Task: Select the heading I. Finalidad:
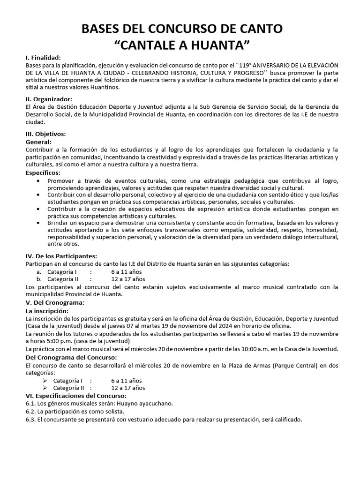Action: pyautogui.click(x=43, y=57)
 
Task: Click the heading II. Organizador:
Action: pyautogui.click(x=49, y=99)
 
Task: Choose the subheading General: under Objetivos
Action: pyautogui.click(x=38, y=142)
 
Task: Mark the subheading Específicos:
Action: pyautogui.click(x=43, y=173)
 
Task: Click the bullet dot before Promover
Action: pyautogui.click(x=38, y=181)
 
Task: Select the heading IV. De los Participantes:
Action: pyautogui.click(x=61, y=256)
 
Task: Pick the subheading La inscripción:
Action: pyautogui.click(x=46, y=310)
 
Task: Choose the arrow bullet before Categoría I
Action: pyautogui.click(x=45, y=380)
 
